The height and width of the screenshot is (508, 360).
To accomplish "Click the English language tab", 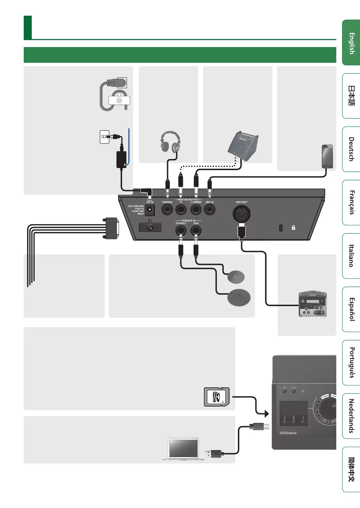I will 352,43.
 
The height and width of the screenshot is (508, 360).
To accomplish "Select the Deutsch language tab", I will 352,149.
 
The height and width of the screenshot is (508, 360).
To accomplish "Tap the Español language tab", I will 352,309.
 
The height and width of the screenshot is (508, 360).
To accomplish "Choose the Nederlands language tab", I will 352,416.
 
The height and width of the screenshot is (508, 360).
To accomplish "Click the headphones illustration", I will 170,142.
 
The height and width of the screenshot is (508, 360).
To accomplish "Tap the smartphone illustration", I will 327,156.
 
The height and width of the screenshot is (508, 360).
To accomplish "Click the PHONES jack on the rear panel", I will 167,210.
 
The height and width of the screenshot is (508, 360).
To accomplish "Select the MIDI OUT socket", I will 241,214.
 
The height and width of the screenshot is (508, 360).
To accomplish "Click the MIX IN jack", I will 209,210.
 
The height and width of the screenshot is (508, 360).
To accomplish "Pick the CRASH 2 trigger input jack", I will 181,230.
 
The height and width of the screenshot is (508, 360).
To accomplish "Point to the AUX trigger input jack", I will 196,230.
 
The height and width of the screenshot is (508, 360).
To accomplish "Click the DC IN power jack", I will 150,209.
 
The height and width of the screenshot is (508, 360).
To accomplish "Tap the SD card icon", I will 217,397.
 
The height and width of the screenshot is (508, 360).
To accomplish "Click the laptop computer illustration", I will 183,449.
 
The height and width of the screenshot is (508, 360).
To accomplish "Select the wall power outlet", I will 104,137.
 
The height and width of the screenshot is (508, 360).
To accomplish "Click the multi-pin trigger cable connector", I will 111,228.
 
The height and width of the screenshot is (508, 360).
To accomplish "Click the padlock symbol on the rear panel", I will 293,228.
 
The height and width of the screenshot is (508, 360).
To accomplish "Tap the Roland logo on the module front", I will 288,433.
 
